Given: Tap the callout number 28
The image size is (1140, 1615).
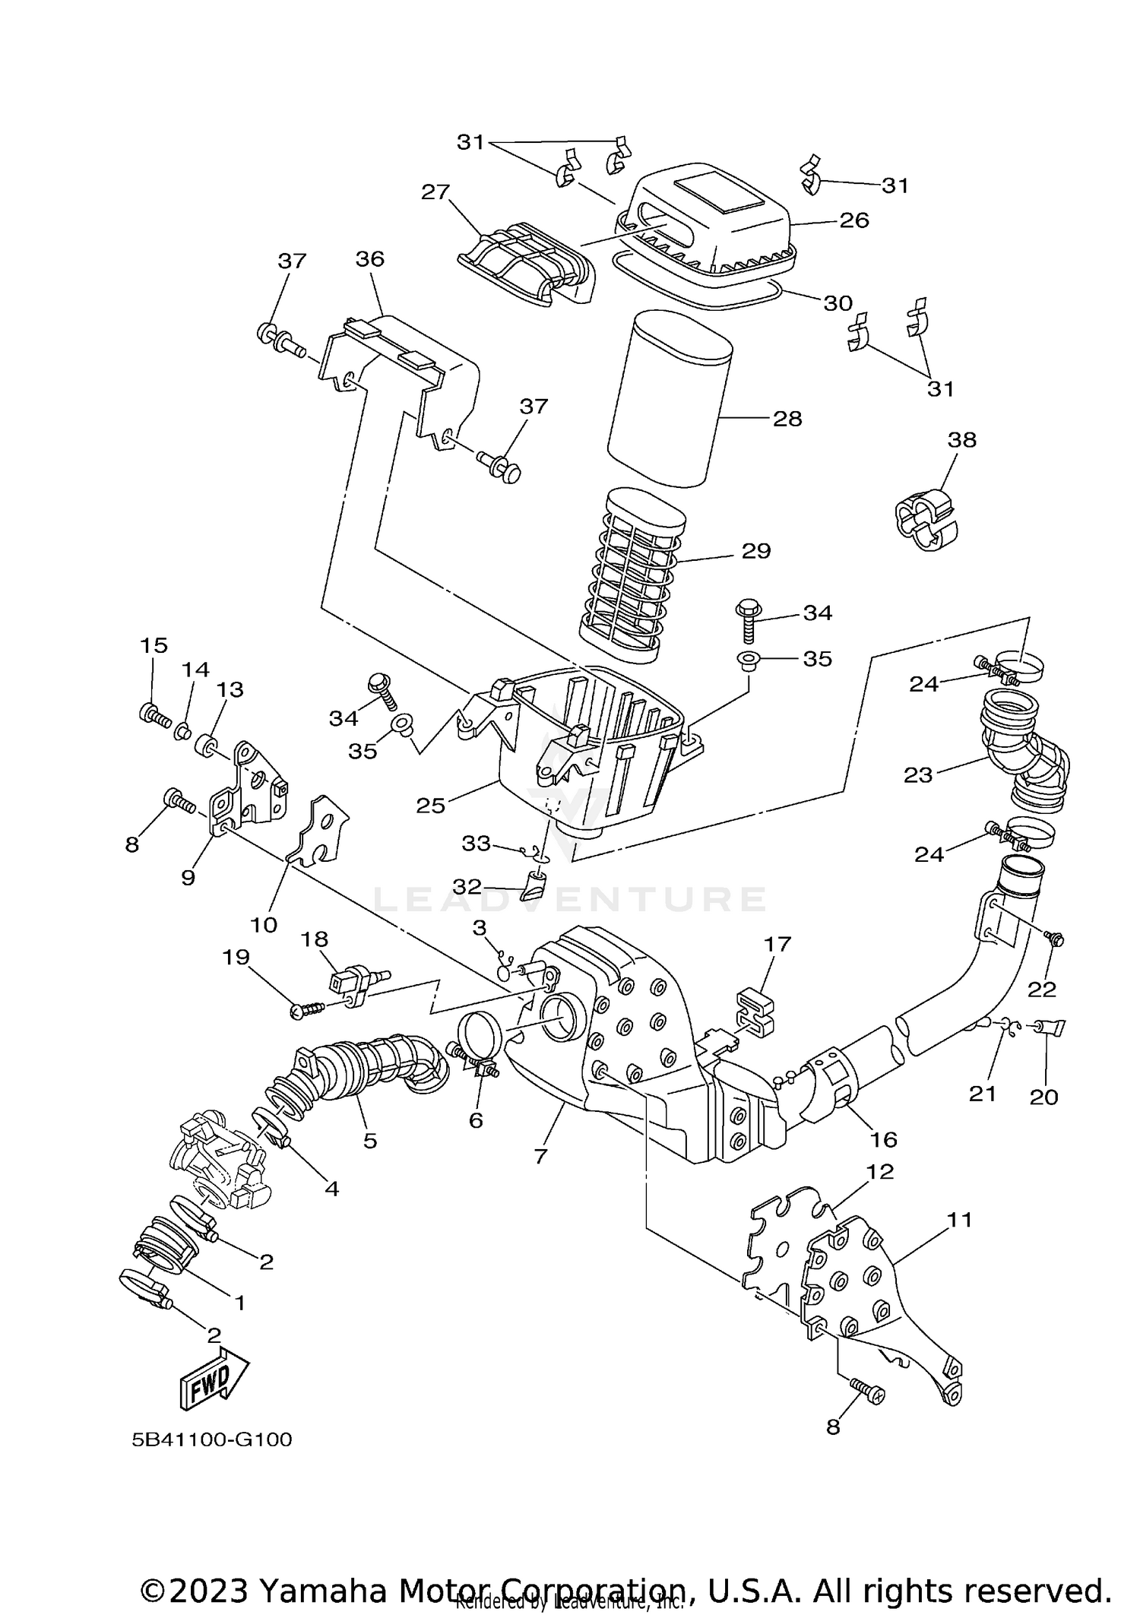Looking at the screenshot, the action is pyautogui.click(x=787, y=419).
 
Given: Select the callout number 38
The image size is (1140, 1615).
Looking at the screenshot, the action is pyautogui.click(x=961, y=439).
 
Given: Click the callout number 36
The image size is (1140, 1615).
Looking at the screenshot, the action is pyautogui.click(x=370, y=259).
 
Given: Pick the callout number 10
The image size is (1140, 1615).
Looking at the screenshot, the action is pyautogui.click(x=264, y=925).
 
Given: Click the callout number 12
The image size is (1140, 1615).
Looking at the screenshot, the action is pyautogui.click(x=880, y=1171).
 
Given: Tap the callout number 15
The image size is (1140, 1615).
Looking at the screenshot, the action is pyautogui.click(x=154, y=645).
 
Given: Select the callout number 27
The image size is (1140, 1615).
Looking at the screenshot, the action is pyautogui.click(x=435, y=192).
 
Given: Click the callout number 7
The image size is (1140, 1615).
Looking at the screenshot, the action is pyautogui.click(x=540, y=1156).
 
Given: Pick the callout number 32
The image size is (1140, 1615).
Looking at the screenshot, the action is pyautogui.click(x=467, y=886).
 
